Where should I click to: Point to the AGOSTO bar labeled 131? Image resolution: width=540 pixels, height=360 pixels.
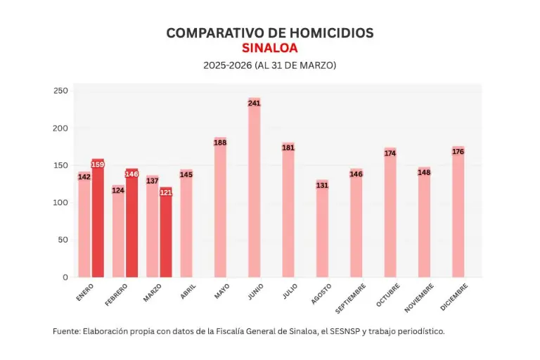(322, 232)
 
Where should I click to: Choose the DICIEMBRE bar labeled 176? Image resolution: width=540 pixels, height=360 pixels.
(458, 214)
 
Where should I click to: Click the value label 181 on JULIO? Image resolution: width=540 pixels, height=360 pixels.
(288, 148)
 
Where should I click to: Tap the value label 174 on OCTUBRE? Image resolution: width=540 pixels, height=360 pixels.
(390, 153)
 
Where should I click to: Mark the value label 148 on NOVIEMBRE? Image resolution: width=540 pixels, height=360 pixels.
(424, 172)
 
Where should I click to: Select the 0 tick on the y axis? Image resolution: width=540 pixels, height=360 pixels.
(65, 277)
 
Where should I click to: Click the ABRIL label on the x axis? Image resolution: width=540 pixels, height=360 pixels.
(188, 292)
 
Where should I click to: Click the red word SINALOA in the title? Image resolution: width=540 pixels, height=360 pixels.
(269, 48)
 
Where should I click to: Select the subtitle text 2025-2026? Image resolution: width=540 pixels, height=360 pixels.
(227, 65)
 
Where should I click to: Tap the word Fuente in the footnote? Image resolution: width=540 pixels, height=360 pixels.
(66, 330)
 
